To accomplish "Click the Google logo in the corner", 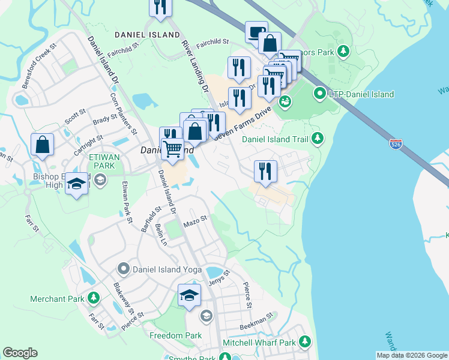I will [20, 353].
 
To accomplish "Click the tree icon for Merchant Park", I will [93, 298].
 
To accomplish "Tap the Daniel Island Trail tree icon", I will [318, 140].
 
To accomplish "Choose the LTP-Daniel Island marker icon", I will [320, 94].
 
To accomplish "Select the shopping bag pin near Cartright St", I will [42, 145].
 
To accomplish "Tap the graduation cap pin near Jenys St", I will [189, 295].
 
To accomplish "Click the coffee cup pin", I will [256, 31].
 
